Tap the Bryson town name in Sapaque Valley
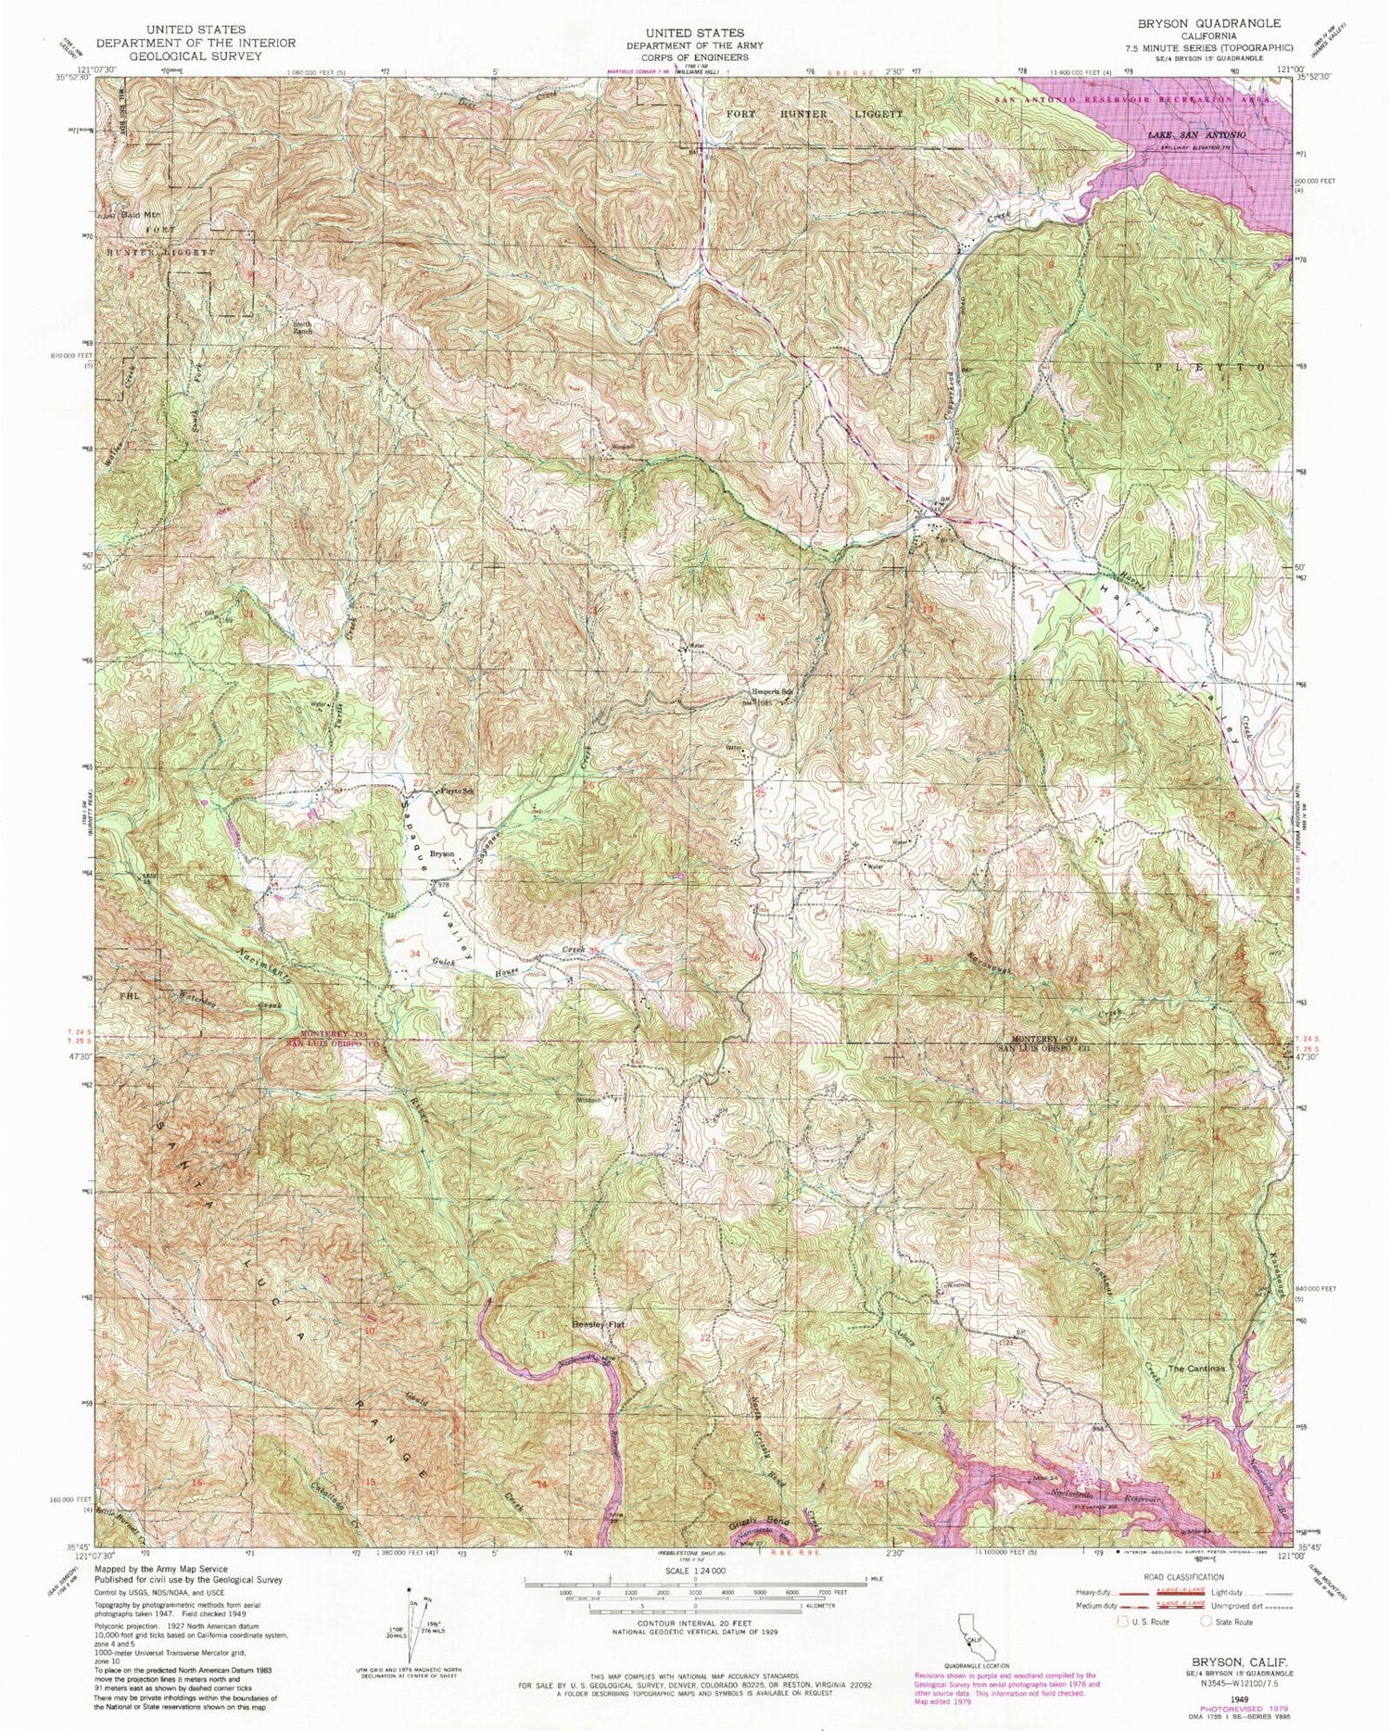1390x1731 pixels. click(x=441, y=853)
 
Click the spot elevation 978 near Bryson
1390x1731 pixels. click(x=443, y=885)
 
